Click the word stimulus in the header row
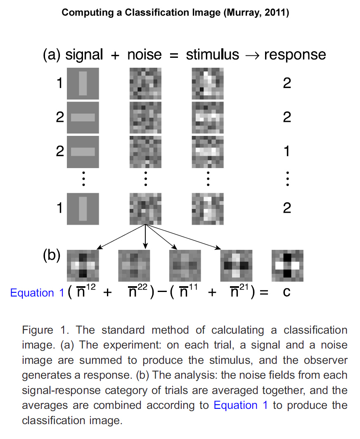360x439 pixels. (213, 55)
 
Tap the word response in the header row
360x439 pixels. (295, 55)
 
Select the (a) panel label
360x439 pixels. (52, 55)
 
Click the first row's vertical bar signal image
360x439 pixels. (83, 83)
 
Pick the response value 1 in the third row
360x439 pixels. (287, 152)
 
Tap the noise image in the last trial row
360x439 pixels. (145, 209)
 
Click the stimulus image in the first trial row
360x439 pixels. (208, 83)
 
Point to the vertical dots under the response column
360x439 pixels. (287, 179)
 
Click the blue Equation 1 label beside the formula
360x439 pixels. (38, 293)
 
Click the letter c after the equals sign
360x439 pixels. (287, 292)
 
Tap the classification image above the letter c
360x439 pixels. (287, 265)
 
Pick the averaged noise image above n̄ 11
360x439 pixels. (185, 265)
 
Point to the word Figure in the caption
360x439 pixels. (38, 330)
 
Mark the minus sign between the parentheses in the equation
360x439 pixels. (161, 293)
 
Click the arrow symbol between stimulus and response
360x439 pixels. (251, 55)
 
